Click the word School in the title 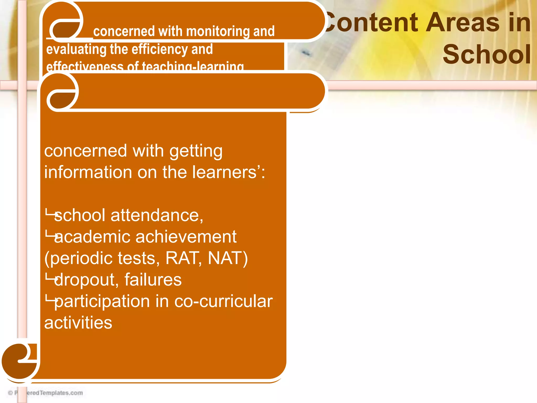pyautogui.click(x=487, y=54)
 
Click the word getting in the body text pyautogui.click(x=196, y=151)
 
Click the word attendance pyautogui.click(x=157, y=215)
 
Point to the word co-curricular pyautogui.click(x=223, y=301)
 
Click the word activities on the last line pyautogui.click(x=78, y=323)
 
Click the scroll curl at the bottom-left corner pyautogui.click(x=20, y=361)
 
